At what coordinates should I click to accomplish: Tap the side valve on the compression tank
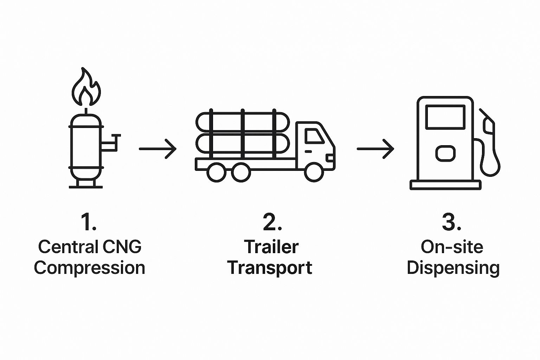click(x=111, y=142)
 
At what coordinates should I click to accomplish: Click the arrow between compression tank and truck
click(x=157, y=149)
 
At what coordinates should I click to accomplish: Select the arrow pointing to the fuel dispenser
click(x=375, y=149)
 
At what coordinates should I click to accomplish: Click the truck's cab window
click(x=314, y=136)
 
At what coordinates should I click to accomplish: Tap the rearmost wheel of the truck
click(x=217, y=172)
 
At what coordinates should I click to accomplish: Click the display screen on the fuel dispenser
click(x=445, y=117)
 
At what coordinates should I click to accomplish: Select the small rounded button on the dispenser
click(x=445, y=153)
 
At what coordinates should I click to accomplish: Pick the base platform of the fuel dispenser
click(x=445, y=185)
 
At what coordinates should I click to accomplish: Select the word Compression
click(x=89, y=268)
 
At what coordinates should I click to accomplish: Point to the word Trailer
click(x=271, y=246)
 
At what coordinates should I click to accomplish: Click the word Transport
click(x=270, y=268)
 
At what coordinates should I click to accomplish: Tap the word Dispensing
click(x=453, y=268)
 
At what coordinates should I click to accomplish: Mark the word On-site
click(x=452, y=246)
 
